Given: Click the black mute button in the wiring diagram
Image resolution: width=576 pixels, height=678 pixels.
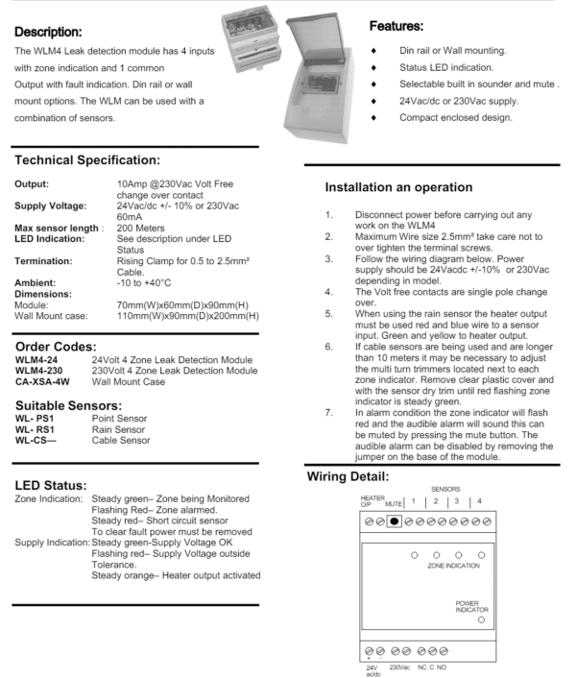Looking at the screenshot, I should point(394,520).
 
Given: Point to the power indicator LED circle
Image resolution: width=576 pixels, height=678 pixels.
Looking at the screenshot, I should point(481,620).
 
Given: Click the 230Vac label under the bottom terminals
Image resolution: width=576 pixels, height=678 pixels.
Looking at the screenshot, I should point(399,666).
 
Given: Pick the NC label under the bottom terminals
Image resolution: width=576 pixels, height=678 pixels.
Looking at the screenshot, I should point(422,666).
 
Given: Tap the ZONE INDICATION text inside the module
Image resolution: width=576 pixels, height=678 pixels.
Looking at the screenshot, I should point(452,568).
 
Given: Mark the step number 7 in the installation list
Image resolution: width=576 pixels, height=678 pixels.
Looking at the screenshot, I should point(329,412).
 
